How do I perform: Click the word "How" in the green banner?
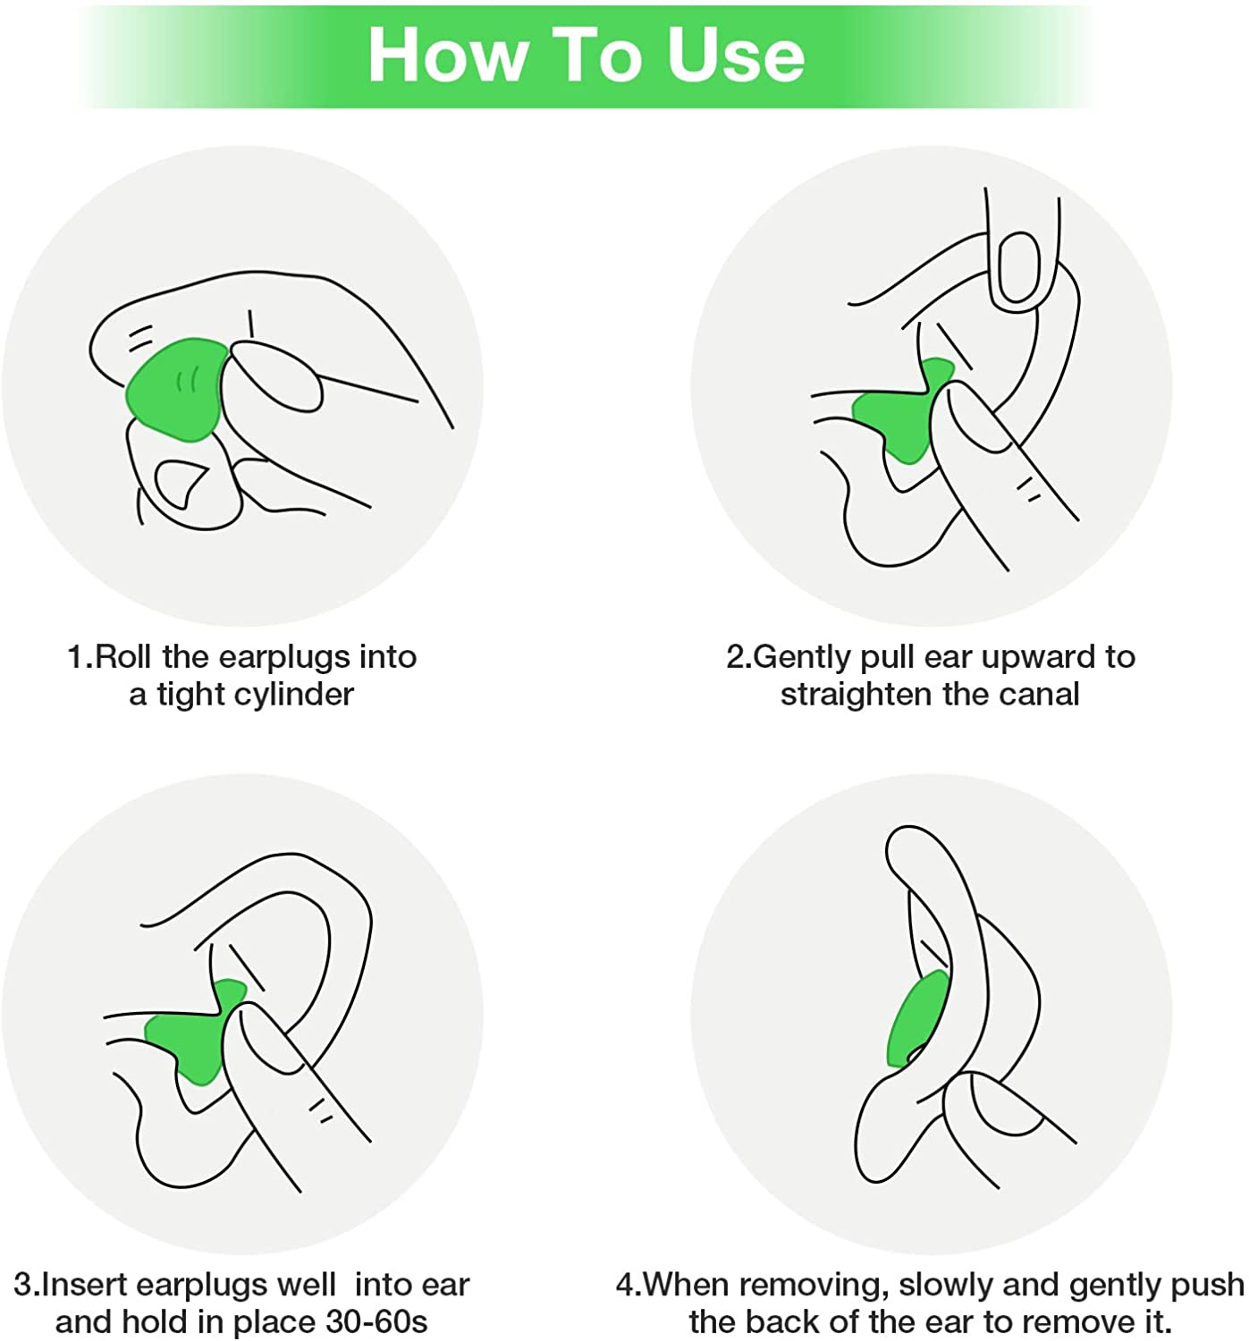pos(447,55)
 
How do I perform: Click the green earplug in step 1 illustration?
pos(174,389)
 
